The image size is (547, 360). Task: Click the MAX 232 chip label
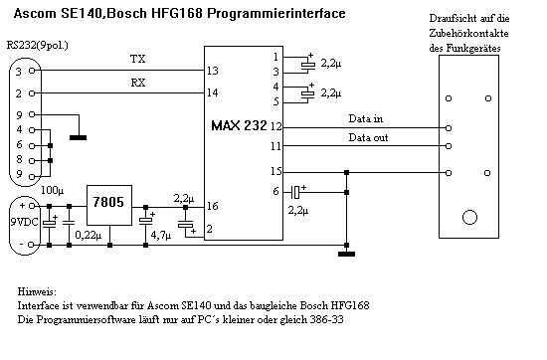coord(239,125)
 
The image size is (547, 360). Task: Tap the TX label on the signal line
coord(138,59)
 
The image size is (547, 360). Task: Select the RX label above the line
coord(138,83)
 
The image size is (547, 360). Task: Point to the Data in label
coord(366,118)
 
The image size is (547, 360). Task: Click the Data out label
coord(368,137)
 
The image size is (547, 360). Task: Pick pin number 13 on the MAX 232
coord(213,71)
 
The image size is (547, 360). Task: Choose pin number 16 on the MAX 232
coord(212,206)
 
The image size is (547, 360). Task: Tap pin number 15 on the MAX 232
coord(275,171)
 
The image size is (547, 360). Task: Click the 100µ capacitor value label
coord(53,191)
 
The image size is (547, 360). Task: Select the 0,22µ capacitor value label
coord(89,235)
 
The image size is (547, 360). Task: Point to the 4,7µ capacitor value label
coord(161,235)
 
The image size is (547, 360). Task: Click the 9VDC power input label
coord(24,222)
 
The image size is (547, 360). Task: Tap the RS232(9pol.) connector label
coord(38,46)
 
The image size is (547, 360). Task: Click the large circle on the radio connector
coord(469,218)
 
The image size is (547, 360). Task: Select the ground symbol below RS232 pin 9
coord(79,138)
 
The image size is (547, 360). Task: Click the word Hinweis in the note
coord(37,291)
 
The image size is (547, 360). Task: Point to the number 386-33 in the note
coord(326,319)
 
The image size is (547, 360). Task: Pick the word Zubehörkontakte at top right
coord(468,33)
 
